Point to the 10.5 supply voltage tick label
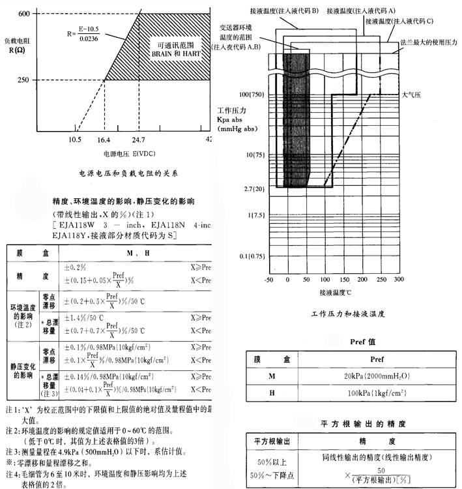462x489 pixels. pos(75,140)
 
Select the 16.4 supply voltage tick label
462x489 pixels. pos(103,140)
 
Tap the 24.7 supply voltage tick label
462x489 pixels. pos(138,140)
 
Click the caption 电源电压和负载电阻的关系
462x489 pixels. pos(128,174)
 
